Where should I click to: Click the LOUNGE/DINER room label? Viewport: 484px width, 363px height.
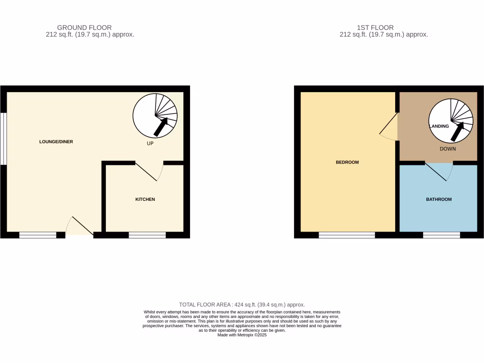(x=56, y=142)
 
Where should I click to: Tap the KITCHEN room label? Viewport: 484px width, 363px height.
(x=145, y=199)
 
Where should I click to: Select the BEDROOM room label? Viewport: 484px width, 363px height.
(x=347, y=162)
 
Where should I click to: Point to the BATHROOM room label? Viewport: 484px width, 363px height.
(x=439, y=199)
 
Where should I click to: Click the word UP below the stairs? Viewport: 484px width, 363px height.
(x=150, y=143)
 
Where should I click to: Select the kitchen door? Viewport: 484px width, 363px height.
(x=147, y=172)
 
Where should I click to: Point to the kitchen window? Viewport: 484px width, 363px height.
(x=147, y=234)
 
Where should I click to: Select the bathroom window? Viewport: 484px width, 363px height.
(x=441, y=234)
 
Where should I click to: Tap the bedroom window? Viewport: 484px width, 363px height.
(x=347, y=234)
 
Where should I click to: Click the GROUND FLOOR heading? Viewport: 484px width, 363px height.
(x=84, y=27)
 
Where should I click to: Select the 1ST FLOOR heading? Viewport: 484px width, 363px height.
(x=376, y=27)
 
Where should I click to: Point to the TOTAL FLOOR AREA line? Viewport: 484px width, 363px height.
(x=242, y=305)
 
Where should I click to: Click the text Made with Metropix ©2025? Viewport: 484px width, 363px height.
(x=242, y=335)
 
